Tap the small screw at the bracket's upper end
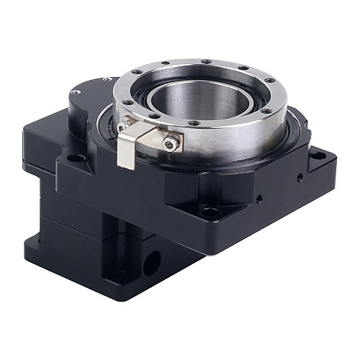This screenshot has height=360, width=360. pyautogui.click(x=127, y=107)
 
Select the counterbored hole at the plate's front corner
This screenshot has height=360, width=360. pyautogui.click(x=210, y=211)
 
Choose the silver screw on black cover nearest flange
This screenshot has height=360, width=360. pyautogui.click(x=107, y=78)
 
